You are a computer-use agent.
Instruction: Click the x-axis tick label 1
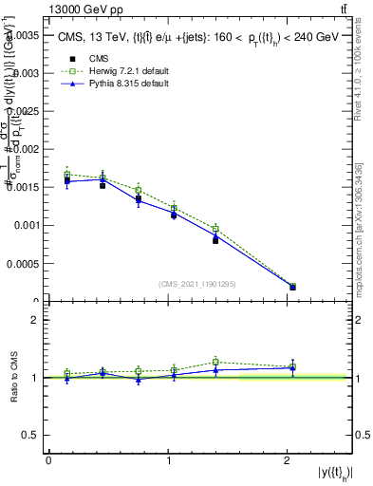(x=169, y=460)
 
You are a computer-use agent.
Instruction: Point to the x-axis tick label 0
(x=48, y=460)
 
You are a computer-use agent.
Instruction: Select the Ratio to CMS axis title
(x=12, y=377)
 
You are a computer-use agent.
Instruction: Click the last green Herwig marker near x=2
(x=292, y=286)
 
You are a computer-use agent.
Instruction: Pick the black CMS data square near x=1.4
(x=215, y=240)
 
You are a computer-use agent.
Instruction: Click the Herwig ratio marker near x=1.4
(x=215, y=362)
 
